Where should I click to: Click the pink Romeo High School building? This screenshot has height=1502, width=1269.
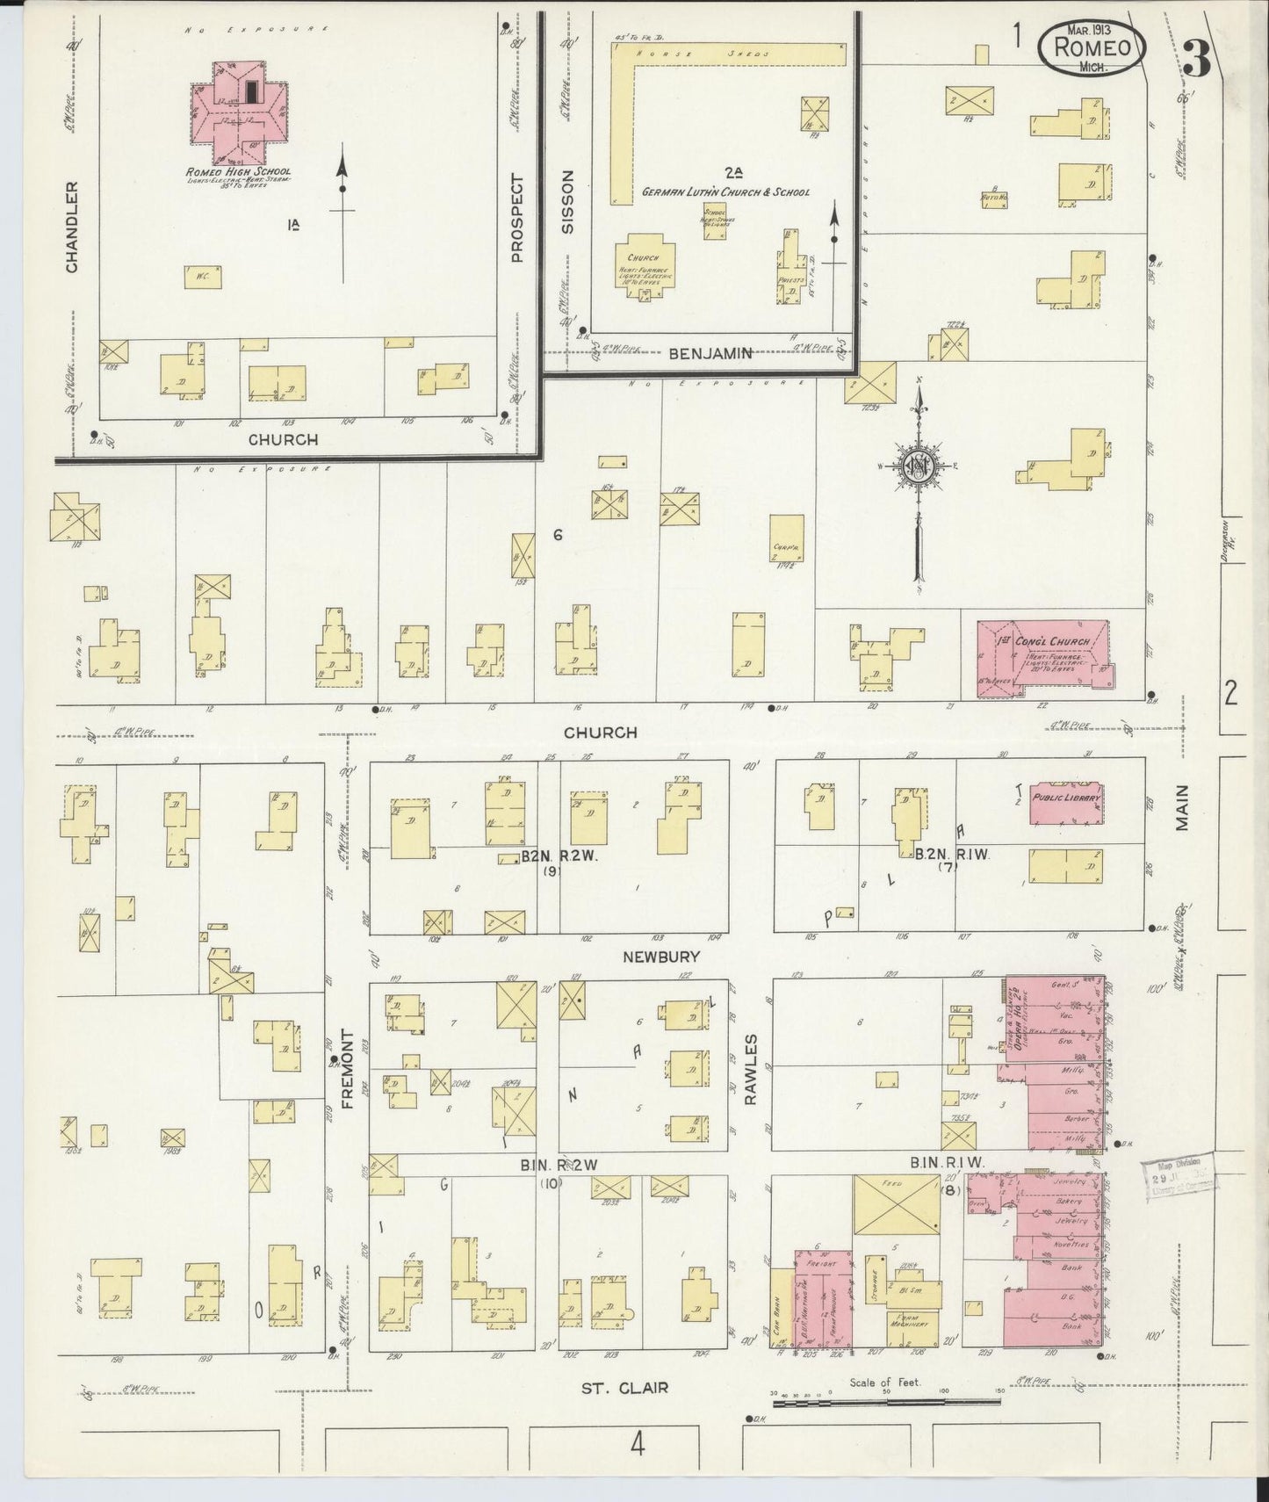pos(234,112)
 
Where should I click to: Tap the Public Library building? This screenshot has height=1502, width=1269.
pos(1066,801)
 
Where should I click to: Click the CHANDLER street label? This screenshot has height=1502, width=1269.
pos(72,227)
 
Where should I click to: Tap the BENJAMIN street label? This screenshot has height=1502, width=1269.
pos(710,354)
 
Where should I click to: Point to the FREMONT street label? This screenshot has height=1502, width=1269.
pos(348,1069)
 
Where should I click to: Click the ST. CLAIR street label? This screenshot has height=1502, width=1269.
pos(624,1388)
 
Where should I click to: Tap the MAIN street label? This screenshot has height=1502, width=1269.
pos(1182,807)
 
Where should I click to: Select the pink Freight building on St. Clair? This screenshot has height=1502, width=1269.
pos(824,1300)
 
